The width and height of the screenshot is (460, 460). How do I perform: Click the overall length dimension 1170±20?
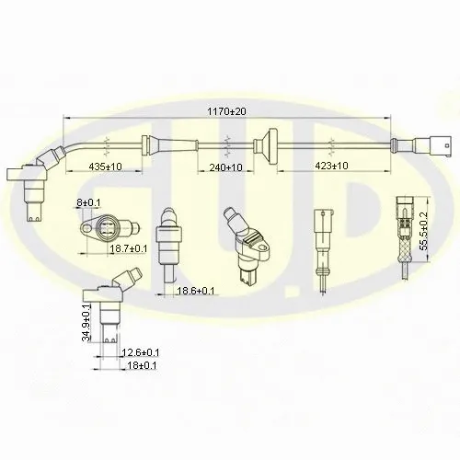tap(226, 111)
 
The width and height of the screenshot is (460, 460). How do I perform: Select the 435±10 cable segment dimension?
tap(105, 167)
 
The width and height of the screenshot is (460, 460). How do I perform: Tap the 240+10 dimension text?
tap(225, 167)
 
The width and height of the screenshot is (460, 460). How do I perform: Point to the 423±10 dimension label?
tap(331, 166)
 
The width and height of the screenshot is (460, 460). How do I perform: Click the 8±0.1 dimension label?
tap(88, 202)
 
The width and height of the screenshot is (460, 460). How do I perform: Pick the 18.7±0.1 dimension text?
tap(129, 248)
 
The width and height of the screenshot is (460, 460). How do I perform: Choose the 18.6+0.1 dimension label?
tap(196, 291)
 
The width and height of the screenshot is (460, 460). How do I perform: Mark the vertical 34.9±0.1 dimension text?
tap(86, 323)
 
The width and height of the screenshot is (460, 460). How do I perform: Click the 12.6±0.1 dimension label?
tap(141, 352)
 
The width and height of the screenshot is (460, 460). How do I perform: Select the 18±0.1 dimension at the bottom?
tap(139, 365)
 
